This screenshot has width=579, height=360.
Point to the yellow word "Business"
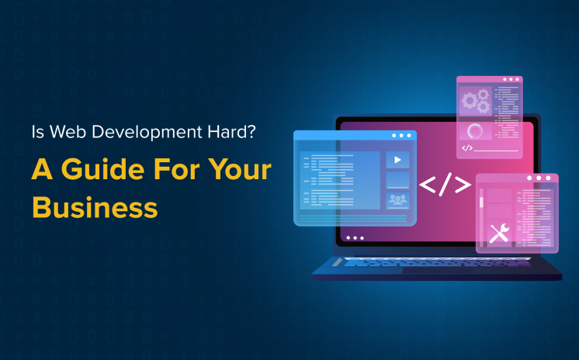click(94, 207)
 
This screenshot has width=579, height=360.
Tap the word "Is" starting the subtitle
click(37, 132)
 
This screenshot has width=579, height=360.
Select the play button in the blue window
click(398, 160)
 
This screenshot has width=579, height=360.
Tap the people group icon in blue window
click(398, 200)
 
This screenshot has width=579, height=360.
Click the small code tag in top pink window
click(467, 147)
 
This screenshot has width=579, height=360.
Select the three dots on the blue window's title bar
click(400, 136)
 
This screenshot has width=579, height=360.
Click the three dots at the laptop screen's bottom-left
click(354, 238)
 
